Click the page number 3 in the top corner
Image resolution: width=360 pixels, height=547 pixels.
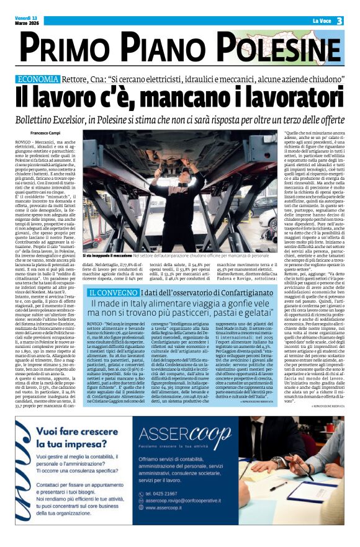(340, 21)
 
